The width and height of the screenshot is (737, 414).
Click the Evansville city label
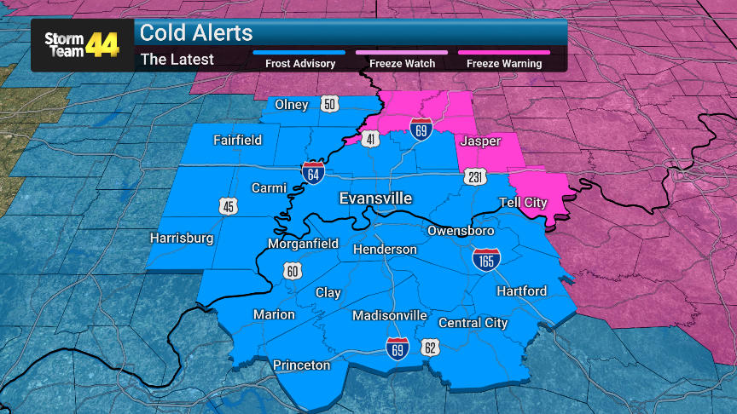[375, 198]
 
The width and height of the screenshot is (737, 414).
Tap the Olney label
[292, 105]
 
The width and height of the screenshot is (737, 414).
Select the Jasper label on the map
[479, 141]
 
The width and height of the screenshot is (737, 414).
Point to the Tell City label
[523, 203]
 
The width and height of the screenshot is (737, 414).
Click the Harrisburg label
[181, 239]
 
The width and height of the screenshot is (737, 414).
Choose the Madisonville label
[390, 316]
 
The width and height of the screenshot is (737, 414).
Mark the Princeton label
[301, 365]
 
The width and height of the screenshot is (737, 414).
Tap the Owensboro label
[461, 231]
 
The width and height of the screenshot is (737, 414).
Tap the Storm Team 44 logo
[82, 44]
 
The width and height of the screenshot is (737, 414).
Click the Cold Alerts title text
[196, 33]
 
